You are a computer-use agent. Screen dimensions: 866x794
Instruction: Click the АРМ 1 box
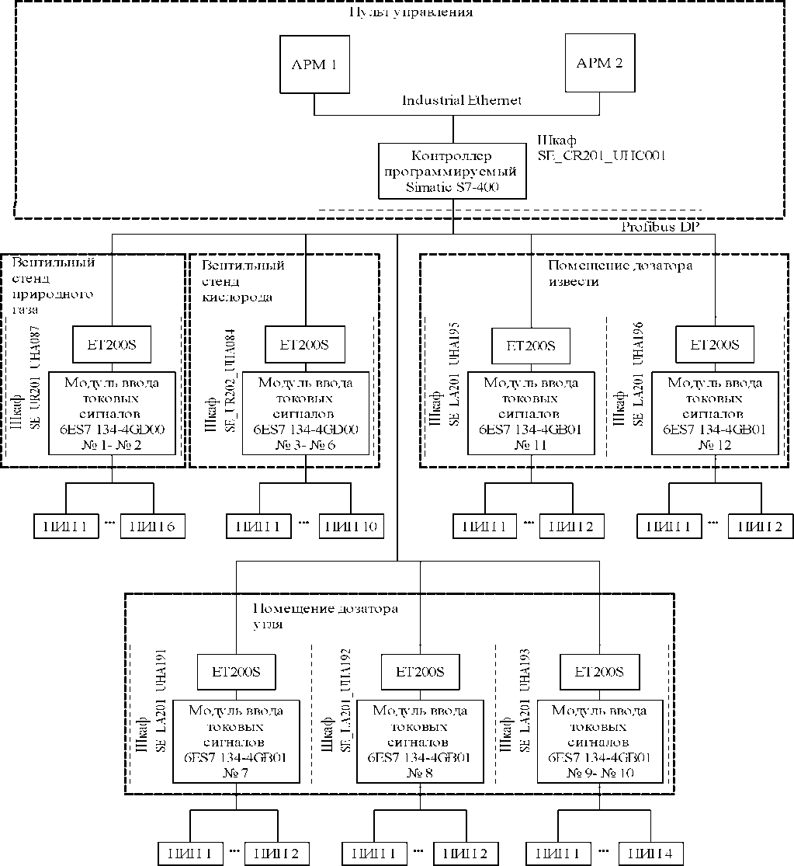(314, 65)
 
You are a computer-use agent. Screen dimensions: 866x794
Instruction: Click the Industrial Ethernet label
(461, 101)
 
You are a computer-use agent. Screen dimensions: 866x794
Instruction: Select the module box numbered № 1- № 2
(113, 413)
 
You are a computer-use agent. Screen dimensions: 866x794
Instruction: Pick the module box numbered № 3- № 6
(306, 413)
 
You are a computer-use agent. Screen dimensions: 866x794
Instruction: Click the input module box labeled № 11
(532, 413)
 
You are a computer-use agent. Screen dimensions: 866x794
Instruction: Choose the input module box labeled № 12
(715, 413)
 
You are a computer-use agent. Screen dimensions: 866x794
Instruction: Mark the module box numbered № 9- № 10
(599, 741)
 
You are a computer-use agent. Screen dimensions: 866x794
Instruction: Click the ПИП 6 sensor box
(152, 527)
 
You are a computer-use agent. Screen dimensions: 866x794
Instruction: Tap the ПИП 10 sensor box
(351, 527)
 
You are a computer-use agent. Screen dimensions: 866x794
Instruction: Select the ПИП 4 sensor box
(650, 854)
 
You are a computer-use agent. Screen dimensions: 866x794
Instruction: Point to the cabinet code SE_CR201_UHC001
(602, 155)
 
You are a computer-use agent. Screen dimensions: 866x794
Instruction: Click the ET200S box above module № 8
(420, 672)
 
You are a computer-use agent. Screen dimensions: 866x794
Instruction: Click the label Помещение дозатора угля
(326, 616)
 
